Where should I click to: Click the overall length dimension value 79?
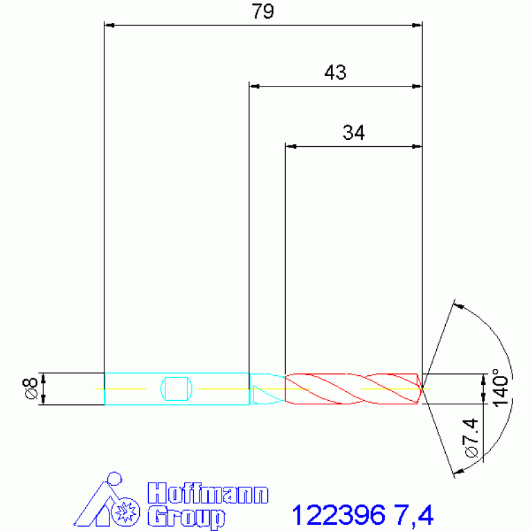pos(262,11)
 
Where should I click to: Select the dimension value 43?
pos(335,72)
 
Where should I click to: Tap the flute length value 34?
pos(354,132)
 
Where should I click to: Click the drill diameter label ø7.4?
pos(471,438)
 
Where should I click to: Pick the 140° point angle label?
pos(501,388)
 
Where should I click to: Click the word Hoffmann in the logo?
pos(208,494)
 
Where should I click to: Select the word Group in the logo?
pos(186,517)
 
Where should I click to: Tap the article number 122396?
pos(339,515)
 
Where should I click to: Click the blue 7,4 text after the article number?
pos(414,515)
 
